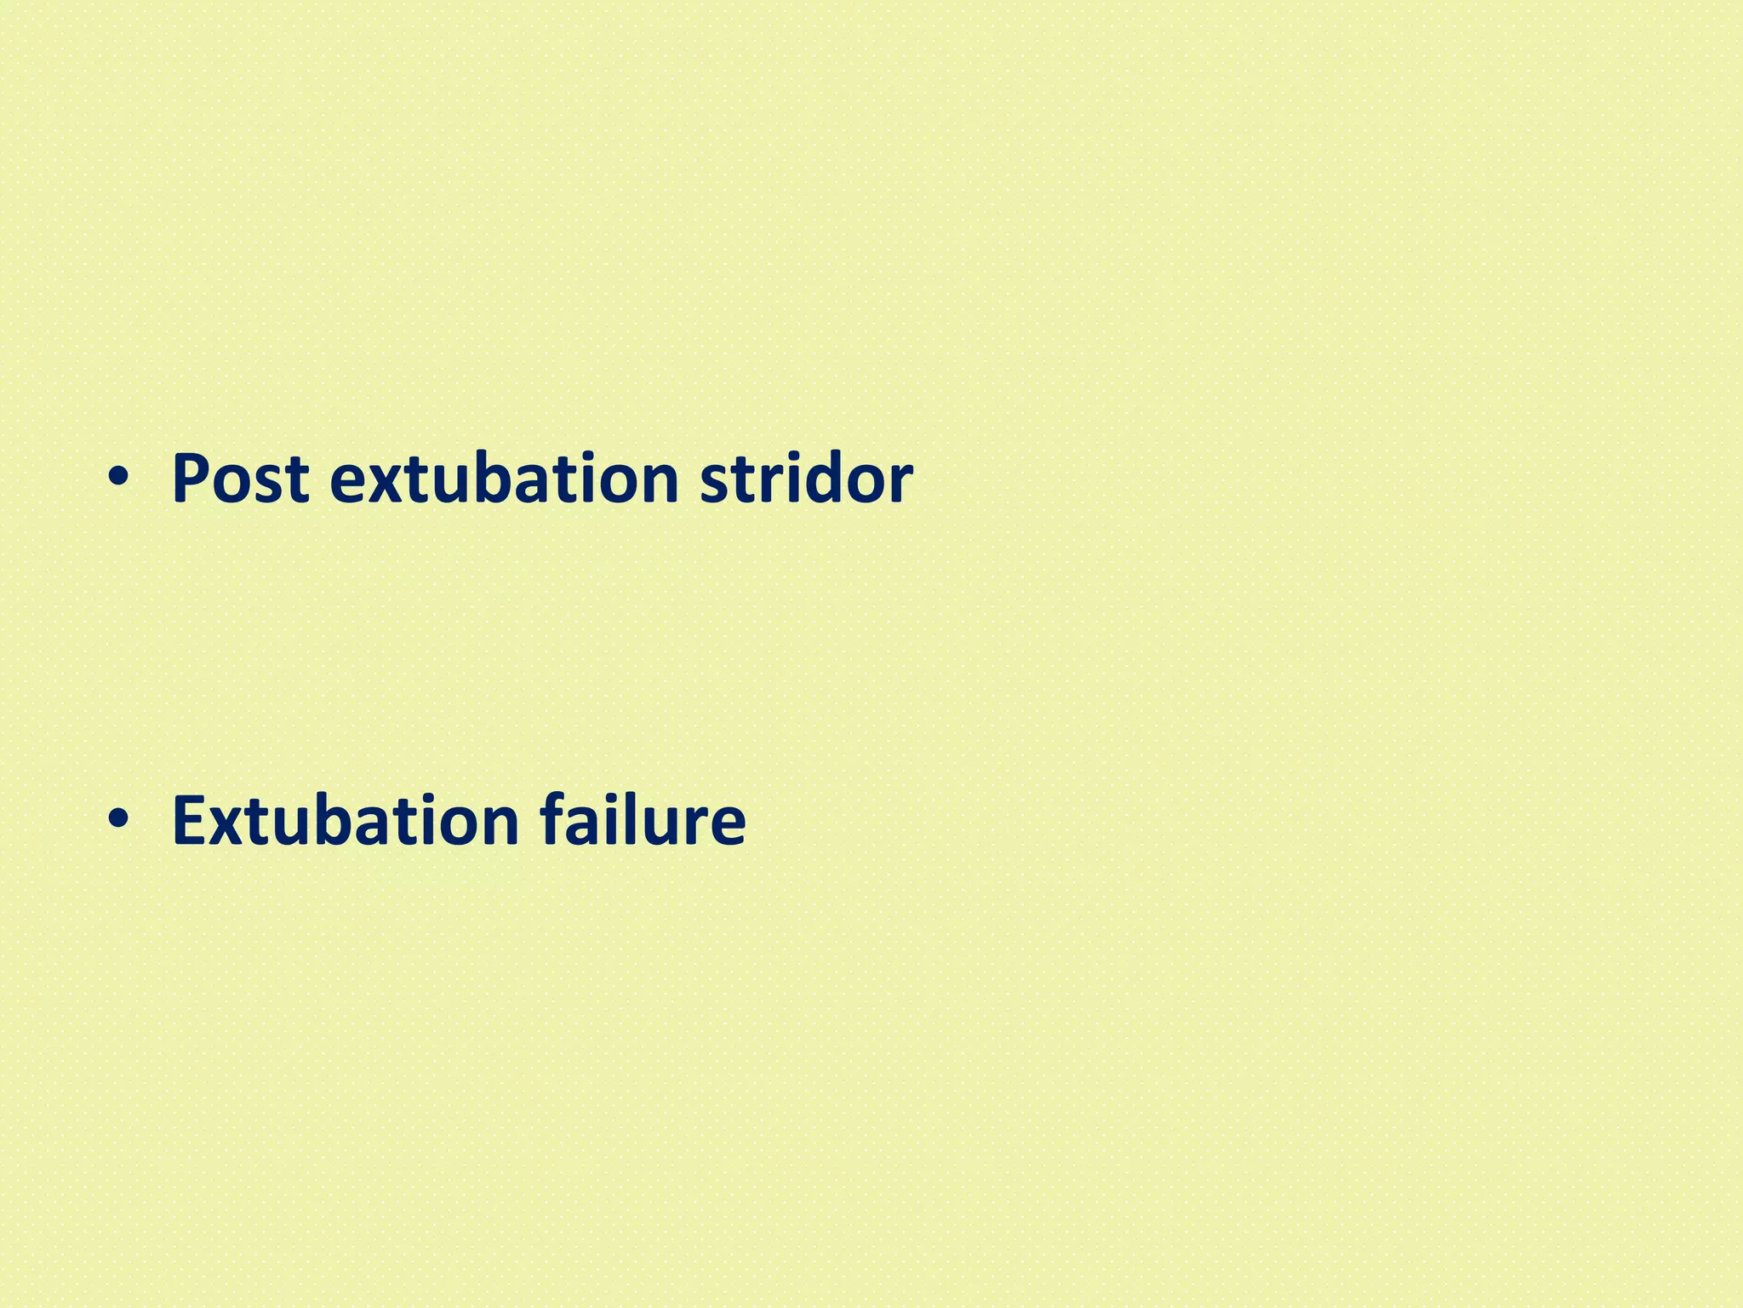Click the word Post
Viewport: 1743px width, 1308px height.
[240, 479]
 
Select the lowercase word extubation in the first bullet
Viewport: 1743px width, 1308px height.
[504, 479]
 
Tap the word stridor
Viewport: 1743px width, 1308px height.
[806, 479]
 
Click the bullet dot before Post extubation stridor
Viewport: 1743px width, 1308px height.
[118, 479]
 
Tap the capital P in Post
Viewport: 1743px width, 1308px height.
[191, 479]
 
